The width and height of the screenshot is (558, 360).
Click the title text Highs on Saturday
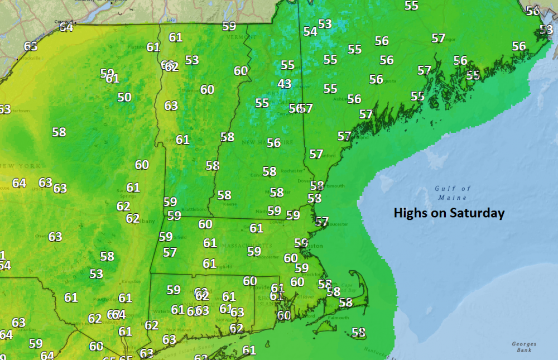point(449,213)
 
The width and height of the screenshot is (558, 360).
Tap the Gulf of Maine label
point(453,193)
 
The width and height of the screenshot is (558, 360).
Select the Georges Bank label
point(524,347)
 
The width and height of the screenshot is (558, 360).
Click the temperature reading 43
point(285,84)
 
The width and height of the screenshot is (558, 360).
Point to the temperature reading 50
point(124,97)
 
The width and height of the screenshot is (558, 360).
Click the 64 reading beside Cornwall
point(66,26)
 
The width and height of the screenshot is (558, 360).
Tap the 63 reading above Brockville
point(31,46)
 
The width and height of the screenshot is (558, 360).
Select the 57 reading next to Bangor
point(439,38)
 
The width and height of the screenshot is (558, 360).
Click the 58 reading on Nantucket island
point(358,332)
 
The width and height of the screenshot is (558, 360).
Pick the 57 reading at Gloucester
point(321,222)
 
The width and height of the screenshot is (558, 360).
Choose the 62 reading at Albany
point(132,218)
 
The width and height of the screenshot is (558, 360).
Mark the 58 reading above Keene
point(224,195)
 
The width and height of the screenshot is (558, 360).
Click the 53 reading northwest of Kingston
point(97,273)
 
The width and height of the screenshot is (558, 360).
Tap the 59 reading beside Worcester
point(254,251)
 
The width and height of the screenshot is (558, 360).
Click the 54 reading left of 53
point(310,31)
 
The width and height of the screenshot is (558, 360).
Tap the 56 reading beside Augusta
point(376,79)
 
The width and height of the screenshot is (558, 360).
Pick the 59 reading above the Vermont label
point(229,26)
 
